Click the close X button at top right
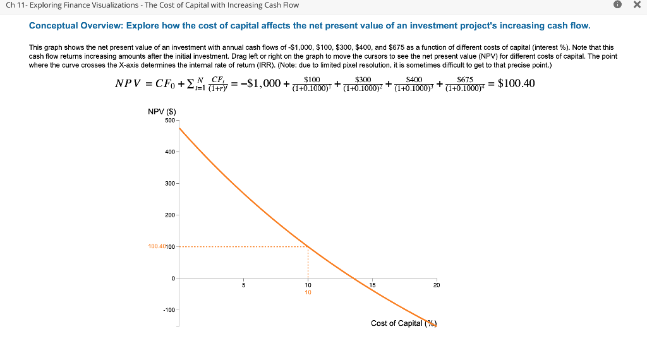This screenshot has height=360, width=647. (636, 5)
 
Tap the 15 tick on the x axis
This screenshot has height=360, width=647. (372, 285)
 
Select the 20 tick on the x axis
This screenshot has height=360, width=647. (436, 285)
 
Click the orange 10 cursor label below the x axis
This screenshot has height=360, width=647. (308, 292)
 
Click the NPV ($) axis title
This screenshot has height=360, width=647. (161, 112)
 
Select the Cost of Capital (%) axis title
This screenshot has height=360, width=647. (404, 323)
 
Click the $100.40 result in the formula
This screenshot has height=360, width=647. (516, 83)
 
